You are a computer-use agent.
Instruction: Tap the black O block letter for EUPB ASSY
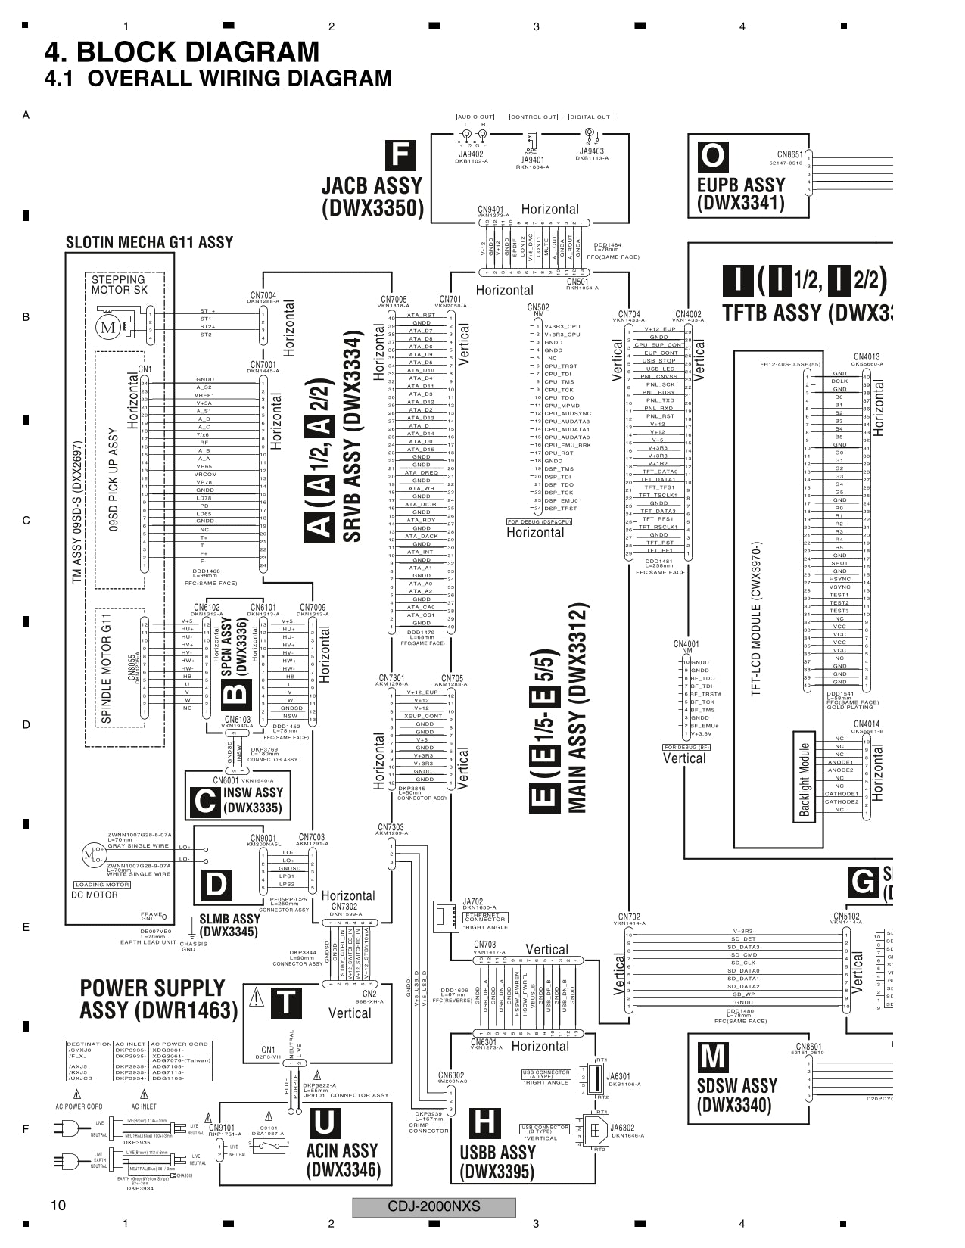712,157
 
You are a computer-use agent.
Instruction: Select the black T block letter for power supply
285,1003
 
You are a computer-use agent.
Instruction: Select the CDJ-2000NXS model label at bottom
434,1206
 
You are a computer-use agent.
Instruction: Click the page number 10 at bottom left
58,1206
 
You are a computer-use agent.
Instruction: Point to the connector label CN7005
394,300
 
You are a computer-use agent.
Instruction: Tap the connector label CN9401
490,210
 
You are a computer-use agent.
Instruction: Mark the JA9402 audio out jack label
471,154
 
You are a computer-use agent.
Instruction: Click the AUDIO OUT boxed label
475,117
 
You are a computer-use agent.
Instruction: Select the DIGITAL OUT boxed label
590,117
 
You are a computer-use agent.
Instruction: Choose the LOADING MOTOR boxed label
102,885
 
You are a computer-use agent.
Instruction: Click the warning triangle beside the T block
257,998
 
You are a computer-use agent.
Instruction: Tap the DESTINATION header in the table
89,1044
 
